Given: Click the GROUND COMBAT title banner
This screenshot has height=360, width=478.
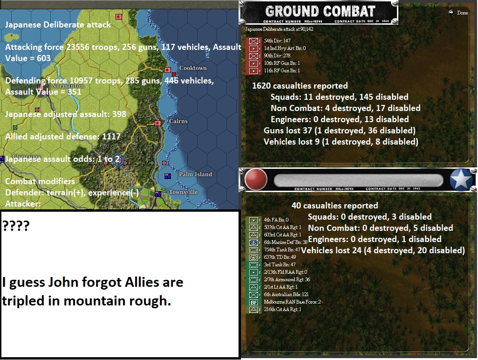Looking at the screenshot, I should point(320,12).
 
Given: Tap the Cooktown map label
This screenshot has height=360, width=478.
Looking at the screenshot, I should point(193,68).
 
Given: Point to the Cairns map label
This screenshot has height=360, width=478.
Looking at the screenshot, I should point(178,121).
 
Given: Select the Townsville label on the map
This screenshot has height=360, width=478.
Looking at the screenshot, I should point(183,192).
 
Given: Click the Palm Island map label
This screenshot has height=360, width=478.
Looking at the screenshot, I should point(195,174).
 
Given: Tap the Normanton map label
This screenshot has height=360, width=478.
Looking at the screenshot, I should point(68,86).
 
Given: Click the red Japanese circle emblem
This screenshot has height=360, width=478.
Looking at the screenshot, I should point(256,180).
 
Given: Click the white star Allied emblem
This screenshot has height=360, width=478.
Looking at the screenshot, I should point(461,180).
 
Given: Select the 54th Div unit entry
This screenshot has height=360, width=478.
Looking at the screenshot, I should point(277,41).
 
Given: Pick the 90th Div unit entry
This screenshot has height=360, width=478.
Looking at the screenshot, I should point(277,56).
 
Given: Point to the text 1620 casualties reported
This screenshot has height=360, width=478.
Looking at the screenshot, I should point(300,86).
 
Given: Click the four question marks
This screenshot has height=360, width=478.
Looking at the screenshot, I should point(15,226).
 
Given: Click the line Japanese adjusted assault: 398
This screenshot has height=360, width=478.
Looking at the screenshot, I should point(66,114).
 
